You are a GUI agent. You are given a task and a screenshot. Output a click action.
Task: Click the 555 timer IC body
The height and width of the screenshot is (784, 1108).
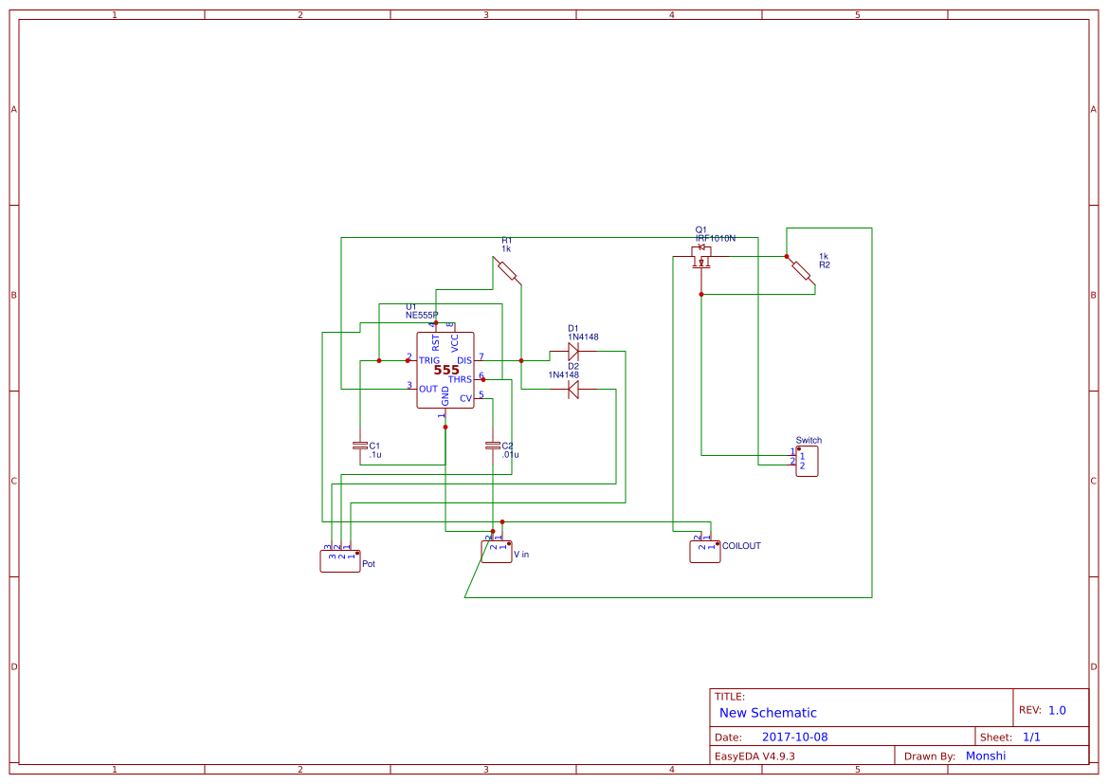[x=445, y=371]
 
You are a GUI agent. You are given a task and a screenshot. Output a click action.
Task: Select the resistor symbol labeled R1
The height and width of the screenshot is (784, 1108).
[x=507, y=270]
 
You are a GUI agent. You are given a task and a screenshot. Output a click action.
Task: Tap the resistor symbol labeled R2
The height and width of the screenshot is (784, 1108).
[x=801, y=270]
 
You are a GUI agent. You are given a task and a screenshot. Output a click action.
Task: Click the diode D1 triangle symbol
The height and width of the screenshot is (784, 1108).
[x=572, y=353]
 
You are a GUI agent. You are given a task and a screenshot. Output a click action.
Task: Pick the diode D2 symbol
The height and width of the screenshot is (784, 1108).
[x=572, y=389]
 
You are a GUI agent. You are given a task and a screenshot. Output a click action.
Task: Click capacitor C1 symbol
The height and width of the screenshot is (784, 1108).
[x=360, y=445]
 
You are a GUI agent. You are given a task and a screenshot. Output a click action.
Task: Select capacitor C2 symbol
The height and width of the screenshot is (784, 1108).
[x=492, y=445]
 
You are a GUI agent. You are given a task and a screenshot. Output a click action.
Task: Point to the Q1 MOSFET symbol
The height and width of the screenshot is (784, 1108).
[x=702, y=259]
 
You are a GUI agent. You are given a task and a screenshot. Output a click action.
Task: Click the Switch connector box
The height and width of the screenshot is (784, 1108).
[x=807, y=462]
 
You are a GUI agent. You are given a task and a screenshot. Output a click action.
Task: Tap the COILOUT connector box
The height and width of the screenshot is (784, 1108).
[x=705, y=552]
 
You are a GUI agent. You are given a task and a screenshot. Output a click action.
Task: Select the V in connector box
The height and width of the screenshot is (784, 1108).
[x=497, y=552]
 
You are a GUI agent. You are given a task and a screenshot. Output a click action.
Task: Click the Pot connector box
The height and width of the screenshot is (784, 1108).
[x=339, y=560]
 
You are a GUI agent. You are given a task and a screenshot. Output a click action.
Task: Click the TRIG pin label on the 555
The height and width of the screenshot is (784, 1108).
[x=429, y=361]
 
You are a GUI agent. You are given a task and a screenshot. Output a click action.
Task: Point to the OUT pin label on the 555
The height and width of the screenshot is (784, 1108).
[x=428, y=389]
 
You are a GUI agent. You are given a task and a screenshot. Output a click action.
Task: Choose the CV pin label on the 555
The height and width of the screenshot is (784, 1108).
[x=465, y=399]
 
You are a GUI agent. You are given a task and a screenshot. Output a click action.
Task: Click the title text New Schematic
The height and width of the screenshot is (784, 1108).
[x=768, y=713]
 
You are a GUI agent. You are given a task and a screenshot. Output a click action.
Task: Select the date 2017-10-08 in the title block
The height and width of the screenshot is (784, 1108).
[x=794, y=737]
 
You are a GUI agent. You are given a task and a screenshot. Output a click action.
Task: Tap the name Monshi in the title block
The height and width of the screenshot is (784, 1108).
[x=985, y=756]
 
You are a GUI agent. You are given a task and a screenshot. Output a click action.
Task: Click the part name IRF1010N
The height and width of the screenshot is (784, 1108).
[x=716, y=239]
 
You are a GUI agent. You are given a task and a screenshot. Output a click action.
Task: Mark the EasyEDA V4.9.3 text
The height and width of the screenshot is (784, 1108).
[x=754, y=757]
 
